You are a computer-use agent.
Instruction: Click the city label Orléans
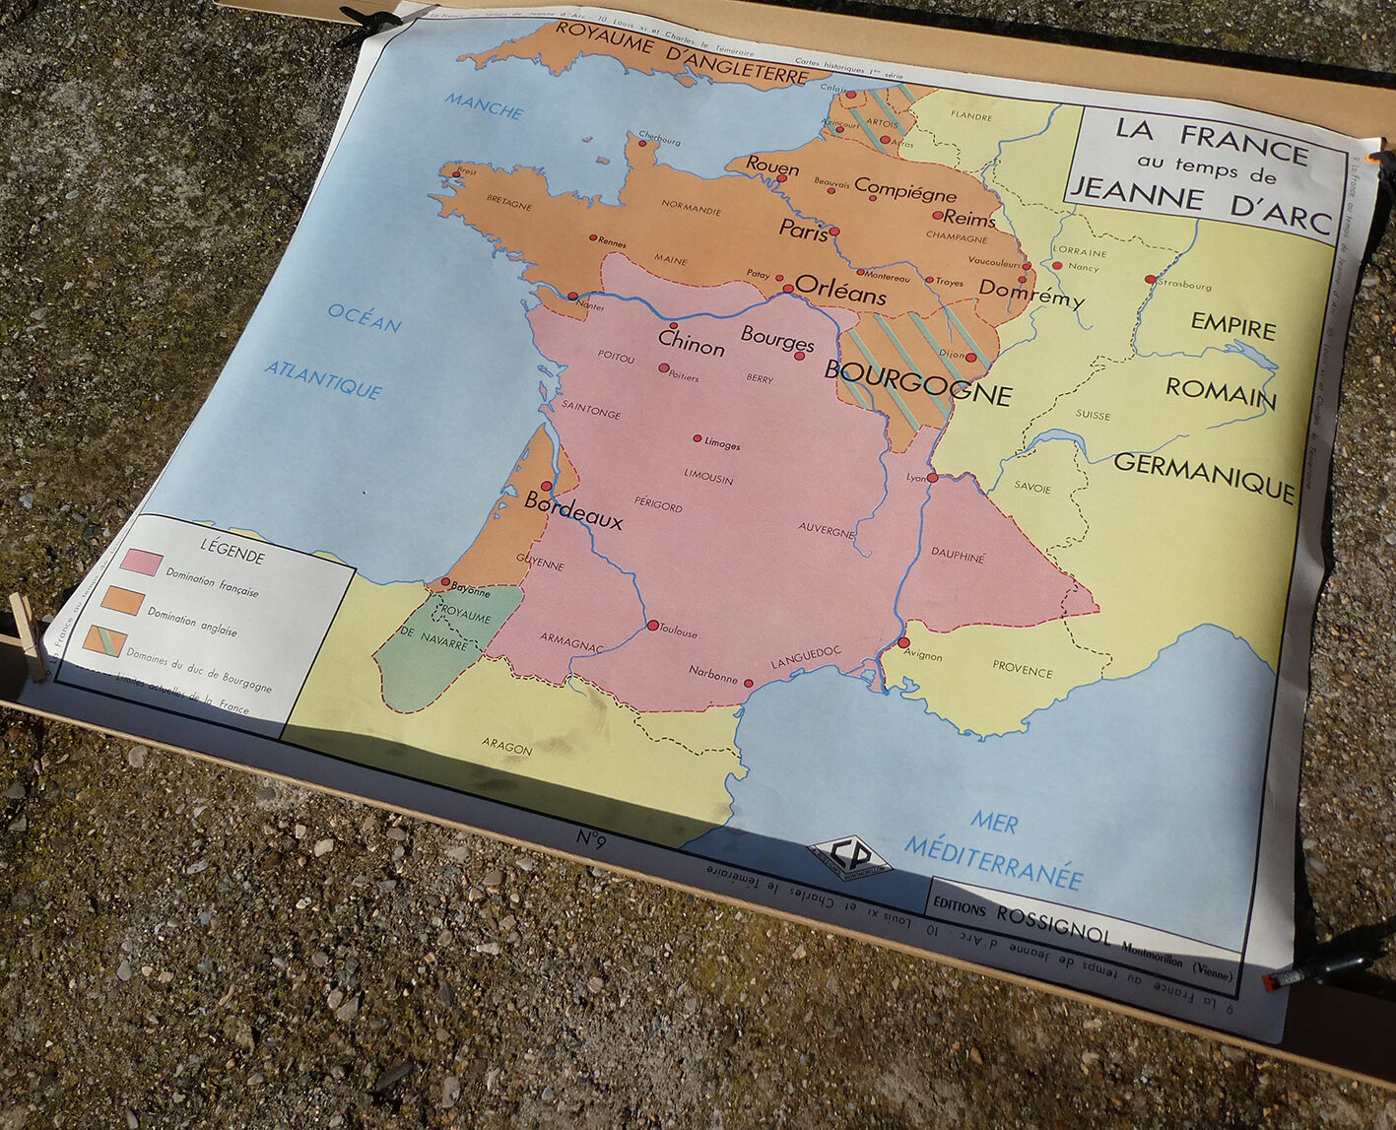click(840, 291)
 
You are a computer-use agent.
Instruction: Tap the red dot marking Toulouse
click(652, 625)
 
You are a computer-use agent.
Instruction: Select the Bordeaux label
click(573, 510)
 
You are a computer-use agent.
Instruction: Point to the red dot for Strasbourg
click(1150, 280)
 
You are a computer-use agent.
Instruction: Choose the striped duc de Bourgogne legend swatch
click(104, 641)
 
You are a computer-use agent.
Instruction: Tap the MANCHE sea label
click(484, 105)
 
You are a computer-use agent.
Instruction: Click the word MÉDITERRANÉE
click(993, 862)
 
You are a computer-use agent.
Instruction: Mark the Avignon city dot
click(903, 642)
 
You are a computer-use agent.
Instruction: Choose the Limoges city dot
click(698, 438)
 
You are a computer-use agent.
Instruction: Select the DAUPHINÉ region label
click(958, 556)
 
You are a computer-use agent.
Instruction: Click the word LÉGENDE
click(233, 551)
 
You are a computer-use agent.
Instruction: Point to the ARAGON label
click(506, 747)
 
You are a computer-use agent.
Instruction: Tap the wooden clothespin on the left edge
click(29, 635)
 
